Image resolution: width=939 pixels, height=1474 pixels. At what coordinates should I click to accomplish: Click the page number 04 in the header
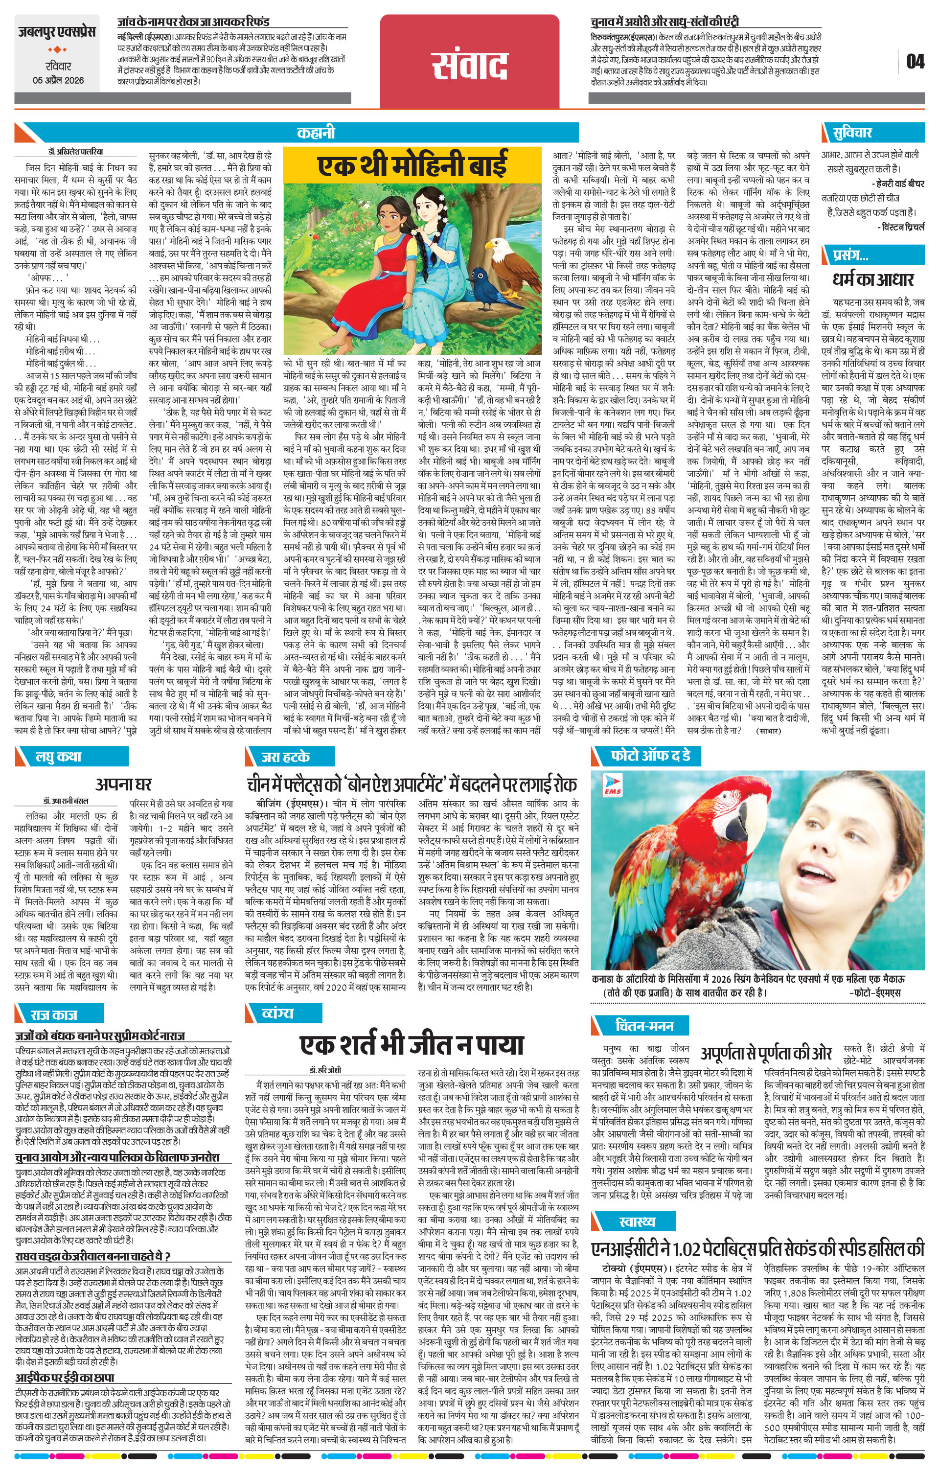click(915, 61)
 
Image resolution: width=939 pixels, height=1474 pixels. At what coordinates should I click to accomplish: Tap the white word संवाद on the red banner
click(470, 66)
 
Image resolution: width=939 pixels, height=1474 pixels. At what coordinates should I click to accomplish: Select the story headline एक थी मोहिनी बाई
click(412, 165)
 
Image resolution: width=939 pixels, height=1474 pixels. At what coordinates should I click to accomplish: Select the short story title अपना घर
click(123, 784)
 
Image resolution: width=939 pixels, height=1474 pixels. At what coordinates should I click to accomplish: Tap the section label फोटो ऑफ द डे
click(650, 756)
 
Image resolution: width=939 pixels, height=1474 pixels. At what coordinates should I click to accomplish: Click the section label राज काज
click(54, 1015)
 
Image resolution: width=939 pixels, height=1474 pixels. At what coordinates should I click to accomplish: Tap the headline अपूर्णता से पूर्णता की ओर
click(766, 1053)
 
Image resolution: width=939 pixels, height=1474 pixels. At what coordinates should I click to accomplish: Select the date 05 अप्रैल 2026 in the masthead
click(58, 80)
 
